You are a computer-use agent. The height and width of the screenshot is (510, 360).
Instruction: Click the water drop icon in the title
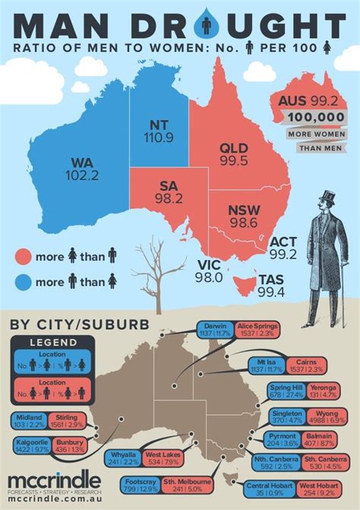207,26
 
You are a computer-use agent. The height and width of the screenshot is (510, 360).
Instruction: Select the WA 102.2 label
83,169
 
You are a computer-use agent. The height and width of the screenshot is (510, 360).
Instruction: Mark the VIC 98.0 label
210,271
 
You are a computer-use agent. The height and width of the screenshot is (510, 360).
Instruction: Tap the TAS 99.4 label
271,287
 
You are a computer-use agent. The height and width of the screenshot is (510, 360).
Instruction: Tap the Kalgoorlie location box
31,446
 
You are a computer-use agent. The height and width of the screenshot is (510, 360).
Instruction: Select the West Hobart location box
322,489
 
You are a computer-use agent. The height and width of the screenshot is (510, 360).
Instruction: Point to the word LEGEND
46,342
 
